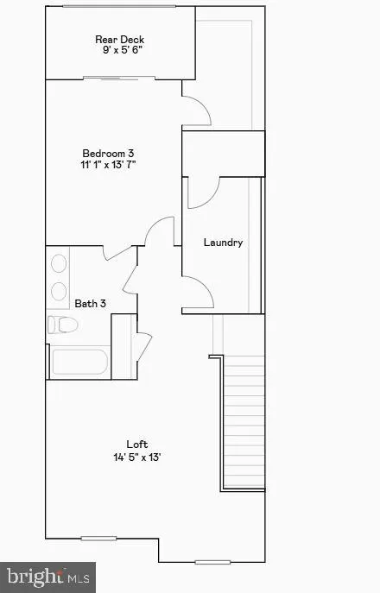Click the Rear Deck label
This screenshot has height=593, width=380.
click(x=119, y=39)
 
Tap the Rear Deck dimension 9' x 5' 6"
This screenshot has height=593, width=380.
click(x=119, y=51)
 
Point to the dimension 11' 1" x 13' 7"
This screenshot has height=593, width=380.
click(x=106, y=164)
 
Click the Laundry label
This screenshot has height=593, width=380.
click(x=223, y=243)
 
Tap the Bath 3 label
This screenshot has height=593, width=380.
click(x=90, y=303)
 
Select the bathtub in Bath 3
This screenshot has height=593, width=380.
click(x=79, y=361)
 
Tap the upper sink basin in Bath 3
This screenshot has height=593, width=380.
click(x=59, y=265)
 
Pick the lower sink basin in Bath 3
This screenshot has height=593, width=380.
click(x=59, y=290)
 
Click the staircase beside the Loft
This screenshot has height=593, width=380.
click(x=244, y=423)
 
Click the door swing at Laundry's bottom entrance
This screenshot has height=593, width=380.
click(x=198, y=293)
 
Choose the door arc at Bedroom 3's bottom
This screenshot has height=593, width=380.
click(x=160, y=233)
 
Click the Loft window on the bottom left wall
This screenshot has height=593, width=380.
click(x=98, y=539)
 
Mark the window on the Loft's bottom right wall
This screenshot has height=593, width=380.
click(x=212, y=561)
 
